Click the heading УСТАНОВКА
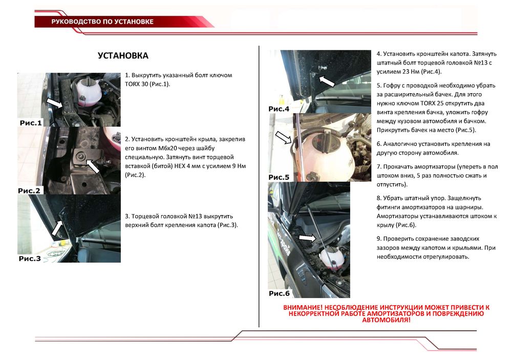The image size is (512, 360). coord(123,56)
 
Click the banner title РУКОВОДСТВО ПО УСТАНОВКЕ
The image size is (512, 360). coord(102,22)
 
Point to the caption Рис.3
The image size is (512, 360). coord(30,259)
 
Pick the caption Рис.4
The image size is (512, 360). coord(279,109)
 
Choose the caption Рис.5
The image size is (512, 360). coord(279,177)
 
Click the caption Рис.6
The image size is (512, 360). coord(279,293)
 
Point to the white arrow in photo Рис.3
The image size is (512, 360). coord(57,226)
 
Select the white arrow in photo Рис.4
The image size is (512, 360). coord(326,80)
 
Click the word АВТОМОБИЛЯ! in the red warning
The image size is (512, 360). coord(386,320)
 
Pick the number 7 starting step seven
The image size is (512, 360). coord(378,166)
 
